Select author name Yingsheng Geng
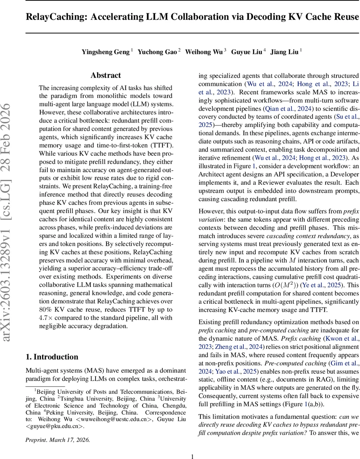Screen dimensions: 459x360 [105, 52]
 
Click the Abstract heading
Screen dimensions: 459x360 [106, 75]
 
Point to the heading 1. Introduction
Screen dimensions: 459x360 [52, 357]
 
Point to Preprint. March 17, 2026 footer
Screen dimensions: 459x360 [58, 440]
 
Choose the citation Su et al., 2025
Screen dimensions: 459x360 [346, 117]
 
